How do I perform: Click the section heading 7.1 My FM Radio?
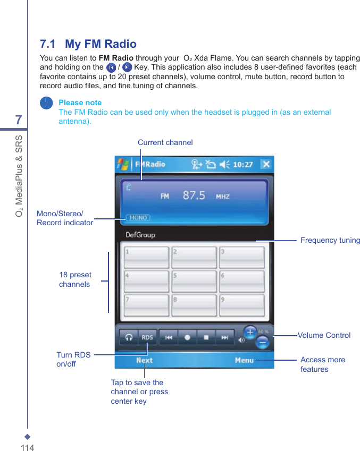click(88, 44)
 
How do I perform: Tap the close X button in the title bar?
click(265, 164)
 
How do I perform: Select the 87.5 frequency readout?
click(194, 195)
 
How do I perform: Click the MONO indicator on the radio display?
click(138, 218)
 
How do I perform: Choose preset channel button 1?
click(146, 258)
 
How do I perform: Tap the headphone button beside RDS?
click(129, 337)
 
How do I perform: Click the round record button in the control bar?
click(187, 337)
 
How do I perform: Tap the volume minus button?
click(263, 343)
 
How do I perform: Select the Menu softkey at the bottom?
click(244, 360)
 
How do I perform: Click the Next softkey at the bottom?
click(144, 360)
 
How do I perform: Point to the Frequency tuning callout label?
click(330, 241)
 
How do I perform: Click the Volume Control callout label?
click(324, 336)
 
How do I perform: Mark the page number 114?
click(27, 448)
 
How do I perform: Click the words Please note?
click(80, 103)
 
